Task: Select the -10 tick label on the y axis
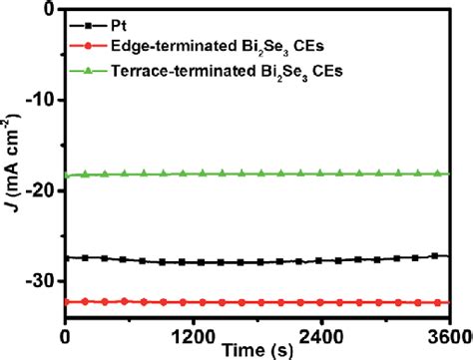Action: [x=41, y=100]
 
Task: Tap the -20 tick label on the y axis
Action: [x=41, y=189]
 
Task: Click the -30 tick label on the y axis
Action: [x=41, y=280]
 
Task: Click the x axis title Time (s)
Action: [x=257, y=351]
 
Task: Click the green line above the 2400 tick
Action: [x=321, y=174]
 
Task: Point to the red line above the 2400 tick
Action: [x=321, y=301]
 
